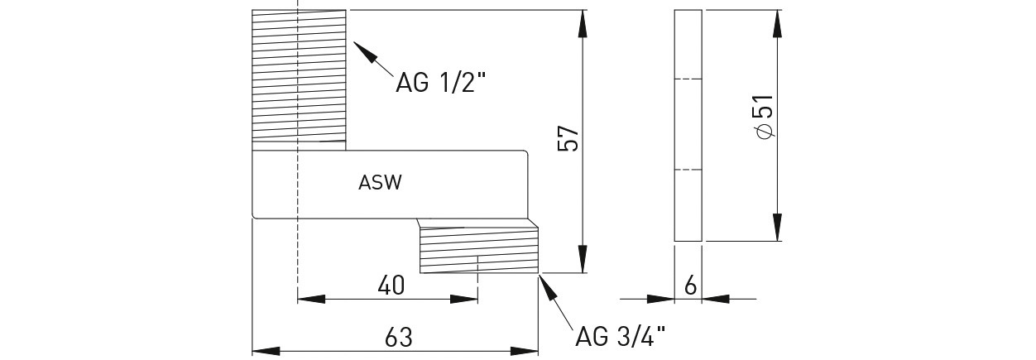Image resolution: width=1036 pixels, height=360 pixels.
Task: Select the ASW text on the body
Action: (381, 183)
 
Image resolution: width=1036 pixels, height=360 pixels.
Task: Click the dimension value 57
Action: (568, 139)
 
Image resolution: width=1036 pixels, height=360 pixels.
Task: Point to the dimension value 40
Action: (391, 286)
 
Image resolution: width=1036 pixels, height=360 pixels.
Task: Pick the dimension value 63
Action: (399, 338)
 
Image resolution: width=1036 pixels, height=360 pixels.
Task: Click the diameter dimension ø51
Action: (763, 117)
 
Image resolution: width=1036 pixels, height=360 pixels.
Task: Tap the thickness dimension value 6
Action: (689, 286)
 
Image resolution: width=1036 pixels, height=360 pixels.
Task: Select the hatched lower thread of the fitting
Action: (478, 250)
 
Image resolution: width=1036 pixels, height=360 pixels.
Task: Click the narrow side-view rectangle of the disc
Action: (688, 126)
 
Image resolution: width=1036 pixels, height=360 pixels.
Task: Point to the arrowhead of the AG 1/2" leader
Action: (362, 52)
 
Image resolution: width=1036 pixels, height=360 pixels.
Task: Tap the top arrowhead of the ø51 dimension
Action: (778, 22)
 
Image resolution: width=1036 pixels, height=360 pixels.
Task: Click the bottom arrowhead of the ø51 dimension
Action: (778, 228)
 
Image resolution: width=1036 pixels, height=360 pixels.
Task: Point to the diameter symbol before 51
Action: (763, 133)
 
